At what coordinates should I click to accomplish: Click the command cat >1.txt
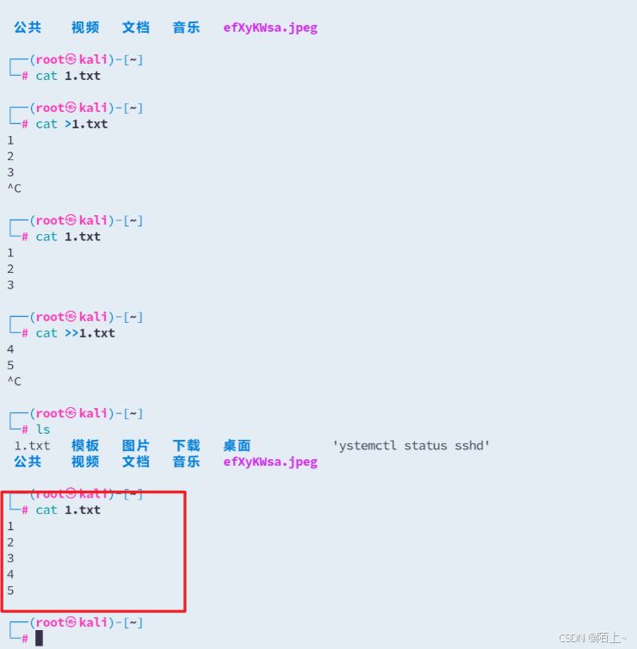[71, 124]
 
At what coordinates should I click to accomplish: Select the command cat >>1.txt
[75, 333]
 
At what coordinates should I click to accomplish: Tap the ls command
[43, 430]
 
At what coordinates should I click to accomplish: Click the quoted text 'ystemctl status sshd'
[411, 446]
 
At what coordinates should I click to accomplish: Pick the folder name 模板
[85, 446]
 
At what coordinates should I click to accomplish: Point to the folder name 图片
[135, 446]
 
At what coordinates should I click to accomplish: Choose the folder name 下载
[186, 446]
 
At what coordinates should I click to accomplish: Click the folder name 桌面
[237, 446]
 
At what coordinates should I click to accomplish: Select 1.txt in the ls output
[32, 446]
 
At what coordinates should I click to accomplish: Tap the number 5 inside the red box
[10, 590]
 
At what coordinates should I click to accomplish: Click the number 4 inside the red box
[10, 574]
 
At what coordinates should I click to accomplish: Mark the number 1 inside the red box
[10, 526]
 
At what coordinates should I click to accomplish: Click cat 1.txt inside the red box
[68, 510]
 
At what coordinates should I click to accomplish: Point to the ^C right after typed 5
[14, 381]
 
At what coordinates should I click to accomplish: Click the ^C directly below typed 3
[14, 189]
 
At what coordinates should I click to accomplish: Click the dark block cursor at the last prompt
[39, 638]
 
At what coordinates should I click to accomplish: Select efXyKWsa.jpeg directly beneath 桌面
[270, 461]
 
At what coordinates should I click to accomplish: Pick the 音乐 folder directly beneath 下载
[186, 461]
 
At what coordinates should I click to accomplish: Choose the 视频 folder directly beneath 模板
[85, 461]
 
